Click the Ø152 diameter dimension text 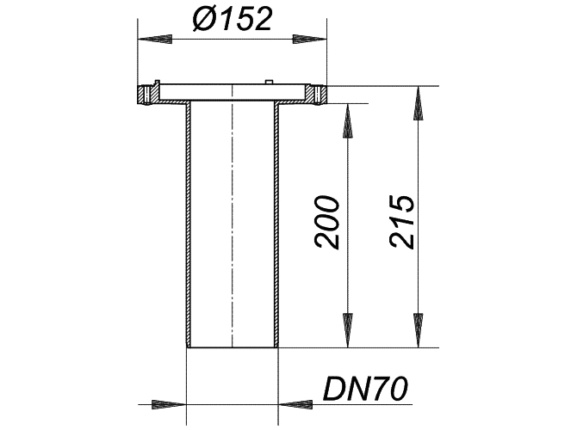(233, 19)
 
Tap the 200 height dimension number (326, 223)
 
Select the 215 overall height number (402, 222)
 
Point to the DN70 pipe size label (365, 389)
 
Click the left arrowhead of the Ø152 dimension (154, 39)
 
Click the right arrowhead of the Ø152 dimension (309, 39)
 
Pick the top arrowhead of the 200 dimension (348, 120)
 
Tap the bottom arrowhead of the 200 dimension (348, 330)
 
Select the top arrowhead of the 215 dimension (418, 103)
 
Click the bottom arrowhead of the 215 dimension (418, 330)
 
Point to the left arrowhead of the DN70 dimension (169, 405)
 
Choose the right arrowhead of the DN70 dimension (295, 405)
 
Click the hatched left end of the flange (144, 95)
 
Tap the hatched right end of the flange (320, 95)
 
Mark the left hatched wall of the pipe (189, 225)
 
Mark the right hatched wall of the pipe (276, 225)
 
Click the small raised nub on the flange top (269, 82)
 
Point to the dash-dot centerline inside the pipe (233, 216)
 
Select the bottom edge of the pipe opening (233, 347)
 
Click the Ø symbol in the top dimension (205, 19)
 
